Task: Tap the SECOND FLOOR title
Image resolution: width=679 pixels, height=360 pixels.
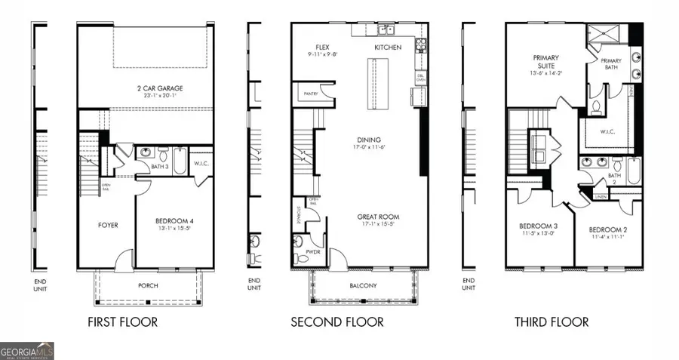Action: pyautogui.click(x=337, y=322)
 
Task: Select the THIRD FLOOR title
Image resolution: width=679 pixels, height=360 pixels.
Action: pyautogui.click(x=551, y=322)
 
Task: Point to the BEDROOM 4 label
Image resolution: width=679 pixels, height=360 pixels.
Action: pyautogui.click(x=174, y=220)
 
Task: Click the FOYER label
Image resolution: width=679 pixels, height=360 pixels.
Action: pyautogui.click(x=108, y=225)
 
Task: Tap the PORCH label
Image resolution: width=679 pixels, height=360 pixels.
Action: pyautogui.click(x=149, y=285)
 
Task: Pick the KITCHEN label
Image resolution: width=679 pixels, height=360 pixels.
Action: pyautogui.click(x=388, y=48)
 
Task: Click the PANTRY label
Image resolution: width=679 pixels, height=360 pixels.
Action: pyautogui.click(x=309, y=95)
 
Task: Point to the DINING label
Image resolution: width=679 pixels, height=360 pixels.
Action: pyautogui.click(x=369, y=140)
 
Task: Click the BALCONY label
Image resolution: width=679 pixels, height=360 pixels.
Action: pyautogui.click(x=364, y=285)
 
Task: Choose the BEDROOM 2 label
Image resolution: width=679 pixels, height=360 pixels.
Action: pyautogui.click(x=607, y=229)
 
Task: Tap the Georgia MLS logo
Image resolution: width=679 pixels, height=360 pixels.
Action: pyautogui.click(x=27, y=351)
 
